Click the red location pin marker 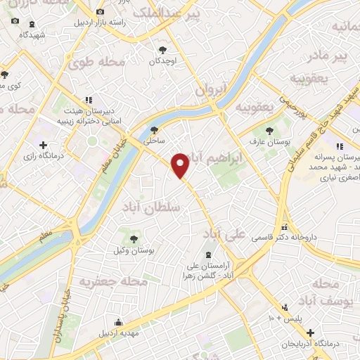point(181,165)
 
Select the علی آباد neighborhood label point(224,233)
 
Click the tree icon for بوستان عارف point(271,130)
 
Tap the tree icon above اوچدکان point(163,50)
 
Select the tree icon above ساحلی point(155,129)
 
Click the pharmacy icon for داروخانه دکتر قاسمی point(285,227)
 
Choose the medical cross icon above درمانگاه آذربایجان point(310,332)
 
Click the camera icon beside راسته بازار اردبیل point(101,11)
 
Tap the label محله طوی point(96,63)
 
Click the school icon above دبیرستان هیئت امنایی point(89,101)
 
